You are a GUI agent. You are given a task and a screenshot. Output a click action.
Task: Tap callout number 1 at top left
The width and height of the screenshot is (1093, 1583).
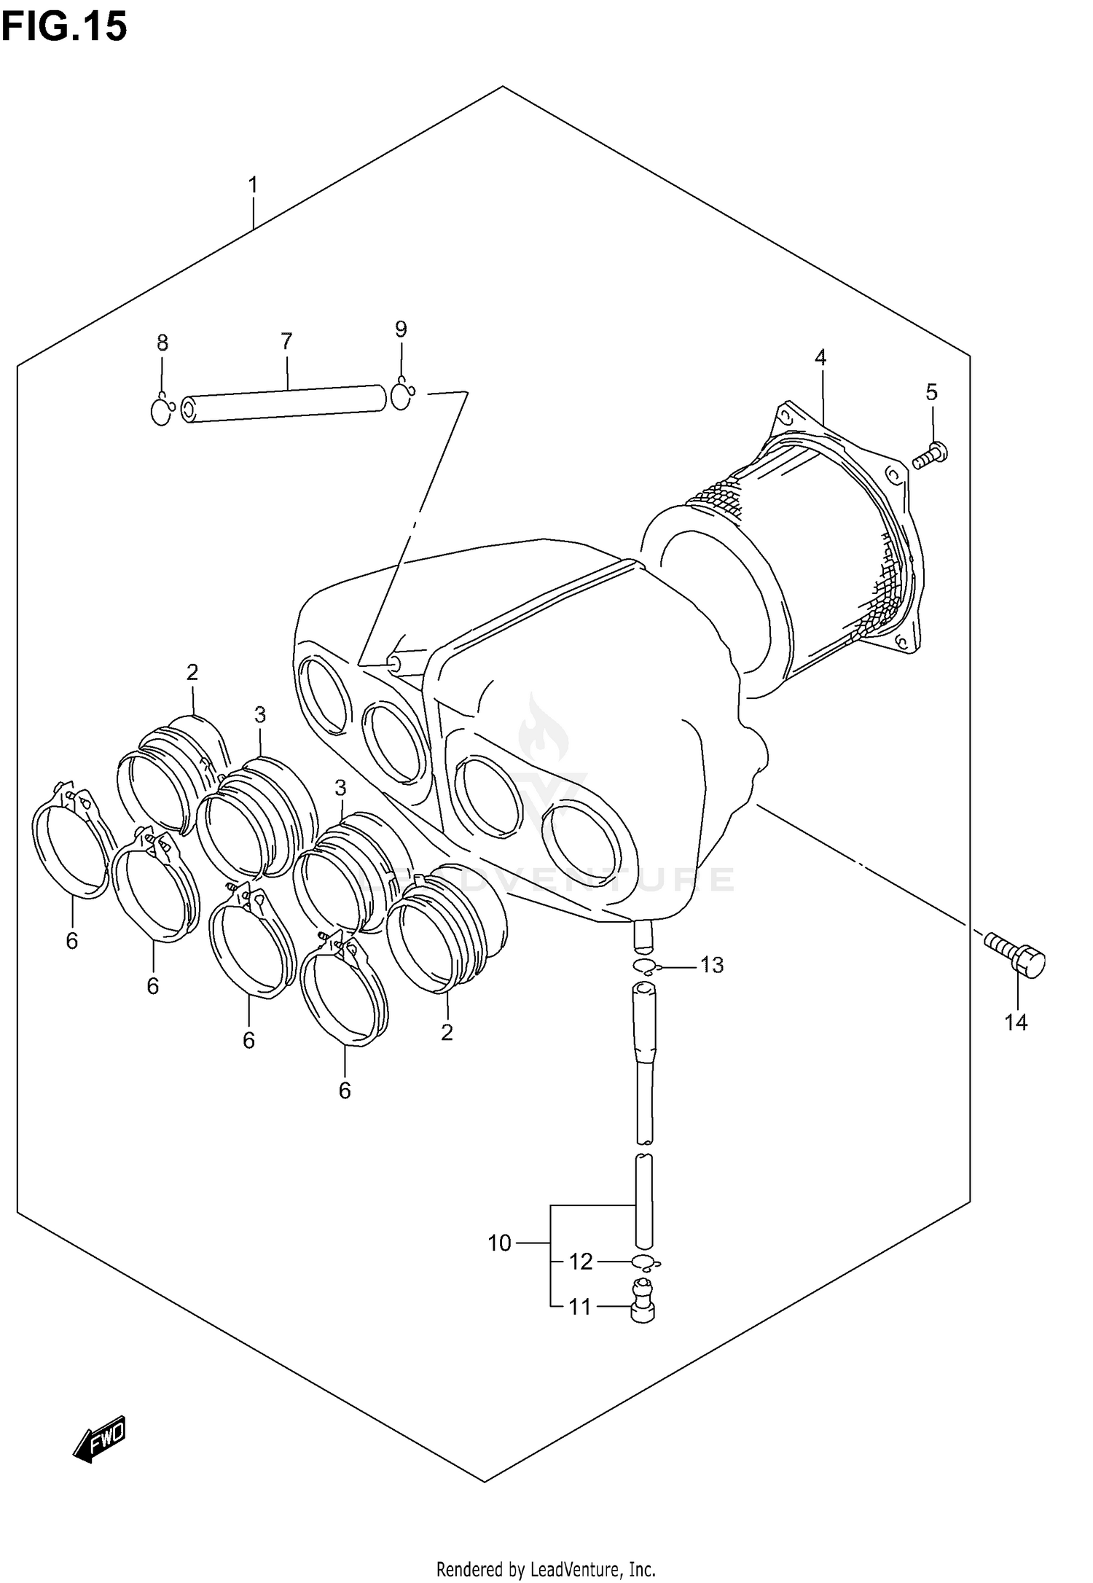pyautogui.click(x=253, y=186)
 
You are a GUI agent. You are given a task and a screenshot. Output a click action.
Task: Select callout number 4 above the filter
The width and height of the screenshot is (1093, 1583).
pyautogui.click(x=820, y=358)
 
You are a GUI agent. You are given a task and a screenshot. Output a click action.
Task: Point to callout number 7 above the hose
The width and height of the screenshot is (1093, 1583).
pyautogui.click(x=286, y=340)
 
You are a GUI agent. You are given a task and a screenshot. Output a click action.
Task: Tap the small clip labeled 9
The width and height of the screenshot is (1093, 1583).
pyautogui.click(x=402, y=396)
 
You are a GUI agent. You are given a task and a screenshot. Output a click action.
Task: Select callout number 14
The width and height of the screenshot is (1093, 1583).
pyautogui.click(x=1016, y=1023)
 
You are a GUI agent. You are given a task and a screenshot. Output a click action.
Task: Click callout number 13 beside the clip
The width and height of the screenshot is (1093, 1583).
pyautogui.click(x=711, y=966)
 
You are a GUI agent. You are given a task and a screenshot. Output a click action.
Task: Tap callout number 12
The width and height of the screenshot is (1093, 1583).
pyautogui.click(x=581, y=1262)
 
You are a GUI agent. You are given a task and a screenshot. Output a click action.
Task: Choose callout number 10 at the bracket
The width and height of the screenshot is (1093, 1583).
pyautogui.click(x=500, y=1243)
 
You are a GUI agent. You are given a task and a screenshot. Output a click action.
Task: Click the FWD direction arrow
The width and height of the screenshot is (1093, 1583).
pyautogui.click(x=100, y=1440)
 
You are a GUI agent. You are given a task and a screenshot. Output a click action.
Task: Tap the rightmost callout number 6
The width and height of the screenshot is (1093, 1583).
pyautogui.click(x=345, y=1111)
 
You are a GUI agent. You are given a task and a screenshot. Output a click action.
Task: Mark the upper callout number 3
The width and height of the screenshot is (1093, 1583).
pyautogui.click(x=260, y=715)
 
